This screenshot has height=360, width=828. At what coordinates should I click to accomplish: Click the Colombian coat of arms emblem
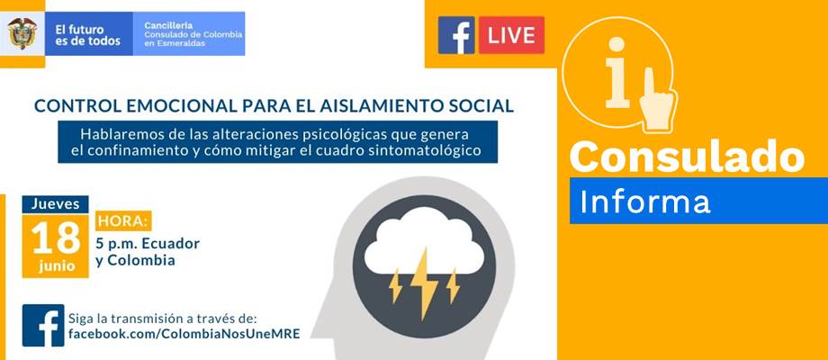[22, 33]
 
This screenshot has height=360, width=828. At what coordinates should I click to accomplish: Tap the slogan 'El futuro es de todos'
[87, 35]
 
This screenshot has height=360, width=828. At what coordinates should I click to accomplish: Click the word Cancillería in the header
[168, 25]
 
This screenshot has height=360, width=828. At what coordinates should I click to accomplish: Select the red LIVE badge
[511, 35]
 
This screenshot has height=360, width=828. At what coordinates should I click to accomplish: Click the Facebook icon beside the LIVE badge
[456, 35]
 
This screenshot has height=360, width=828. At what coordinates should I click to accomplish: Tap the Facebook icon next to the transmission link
[43, 325]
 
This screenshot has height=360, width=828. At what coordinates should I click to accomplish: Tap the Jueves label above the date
[56, 204]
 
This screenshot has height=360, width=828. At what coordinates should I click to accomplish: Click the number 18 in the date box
[56, 238]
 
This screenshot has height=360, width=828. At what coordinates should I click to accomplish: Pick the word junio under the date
[57, 266]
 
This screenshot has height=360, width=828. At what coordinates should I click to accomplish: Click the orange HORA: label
[123, 220]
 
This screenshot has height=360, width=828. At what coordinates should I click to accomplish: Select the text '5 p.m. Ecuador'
[148, 244]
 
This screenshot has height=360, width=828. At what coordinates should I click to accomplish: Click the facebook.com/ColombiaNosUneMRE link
[184, 334]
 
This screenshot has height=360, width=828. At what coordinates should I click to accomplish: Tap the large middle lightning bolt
[424, 283]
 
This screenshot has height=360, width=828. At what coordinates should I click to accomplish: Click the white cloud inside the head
[424, 240]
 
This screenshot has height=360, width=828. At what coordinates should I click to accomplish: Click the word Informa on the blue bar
[644, 202]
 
